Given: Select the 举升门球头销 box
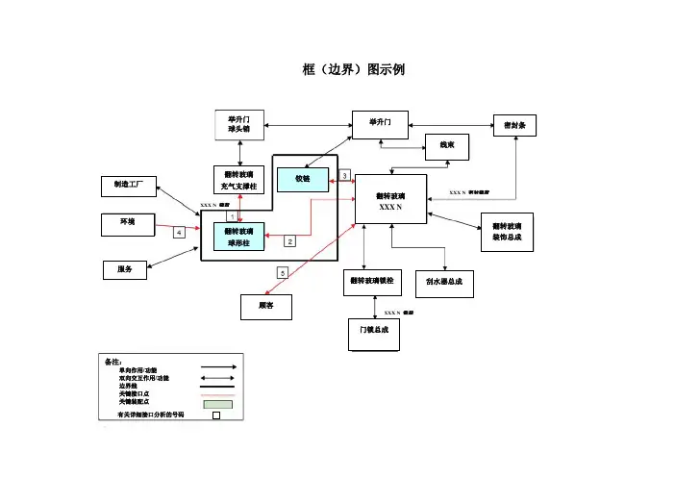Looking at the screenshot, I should [238, 124].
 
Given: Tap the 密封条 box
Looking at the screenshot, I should [513, 126].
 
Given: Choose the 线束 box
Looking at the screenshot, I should [447, 147].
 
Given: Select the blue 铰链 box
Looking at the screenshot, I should [302, 179].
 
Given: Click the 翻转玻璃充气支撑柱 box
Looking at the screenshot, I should [238, 180].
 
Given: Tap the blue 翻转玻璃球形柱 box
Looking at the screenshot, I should [238, 238].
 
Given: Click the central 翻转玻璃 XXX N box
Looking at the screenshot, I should [390, 201].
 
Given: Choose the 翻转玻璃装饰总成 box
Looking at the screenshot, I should [507, 231].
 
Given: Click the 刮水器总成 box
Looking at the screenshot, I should [444, 282].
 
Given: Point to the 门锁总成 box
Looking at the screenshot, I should [373, 333].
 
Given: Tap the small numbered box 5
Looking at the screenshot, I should [282, 273].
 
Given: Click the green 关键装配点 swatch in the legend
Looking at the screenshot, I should [217, 403].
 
